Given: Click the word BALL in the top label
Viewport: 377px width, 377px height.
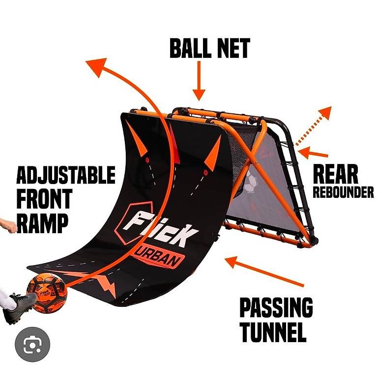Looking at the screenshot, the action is point(189,48).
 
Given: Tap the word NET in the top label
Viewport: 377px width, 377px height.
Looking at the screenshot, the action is point(232,48).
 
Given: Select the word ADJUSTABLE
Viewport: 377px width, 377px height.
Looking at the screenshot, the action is point(66,175).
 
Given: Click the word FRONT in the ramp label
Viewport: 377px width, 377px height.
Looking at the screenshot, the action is point(45,199).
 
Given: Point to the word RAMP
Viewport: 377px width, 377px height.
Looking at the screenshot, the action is point(43,224).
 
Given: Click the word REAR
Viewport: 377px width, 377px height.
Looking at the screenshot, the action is point(335,174).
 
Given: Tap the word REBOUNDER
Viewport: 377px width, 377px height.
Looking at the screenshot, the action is point(343,192).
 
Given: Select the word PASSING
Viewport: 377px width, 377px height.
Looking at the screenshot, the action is point(276,308).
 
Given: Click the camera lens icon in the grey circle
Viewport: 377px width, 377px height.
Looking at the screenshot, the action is point(32,345).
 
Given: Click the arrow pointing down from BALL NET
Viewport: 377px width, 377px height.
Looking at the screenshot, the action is point(199,81).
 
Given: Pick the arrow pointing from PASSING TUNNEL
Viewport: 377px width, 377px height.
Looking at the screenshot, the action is point(264,271).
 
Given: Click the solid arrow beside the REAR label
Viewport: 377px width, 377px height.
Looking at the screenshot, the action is point(313,153).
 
